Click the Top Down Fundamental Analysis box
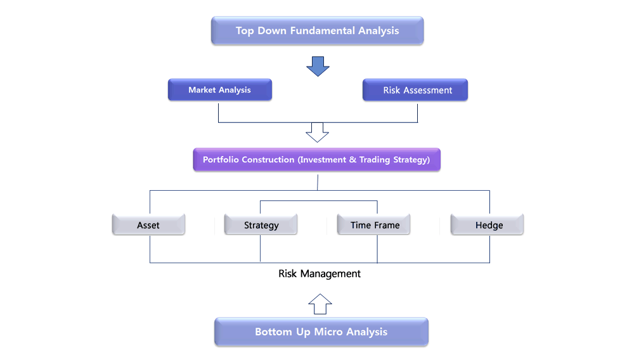[x=318, y=30]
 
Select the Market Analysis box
[x=220, y=90]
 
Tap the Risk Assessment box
[x=415, y=90]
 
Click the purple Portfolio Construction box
[x=316, y=160]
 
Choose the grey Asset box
[x=148, y=224]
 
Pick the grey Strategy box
[x=261, y=224]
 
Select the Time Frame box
[x=373, y=224]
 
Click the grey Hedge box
[x=487, y=224]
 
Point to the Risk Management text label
[x=320, y=274]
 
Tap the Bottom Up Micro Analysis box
[x=321, y=331]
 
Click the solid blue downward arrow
[x=318, y=67]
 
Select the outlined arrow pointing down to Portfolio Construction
[x=318, y=132]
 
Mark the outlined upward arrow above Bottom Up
[x=320, y=304]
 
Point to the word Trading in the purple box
[x=375, y=160]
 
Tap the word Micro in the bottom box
[x=328, y=331]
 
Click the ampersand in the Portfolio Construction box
[x=353, y=160]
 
